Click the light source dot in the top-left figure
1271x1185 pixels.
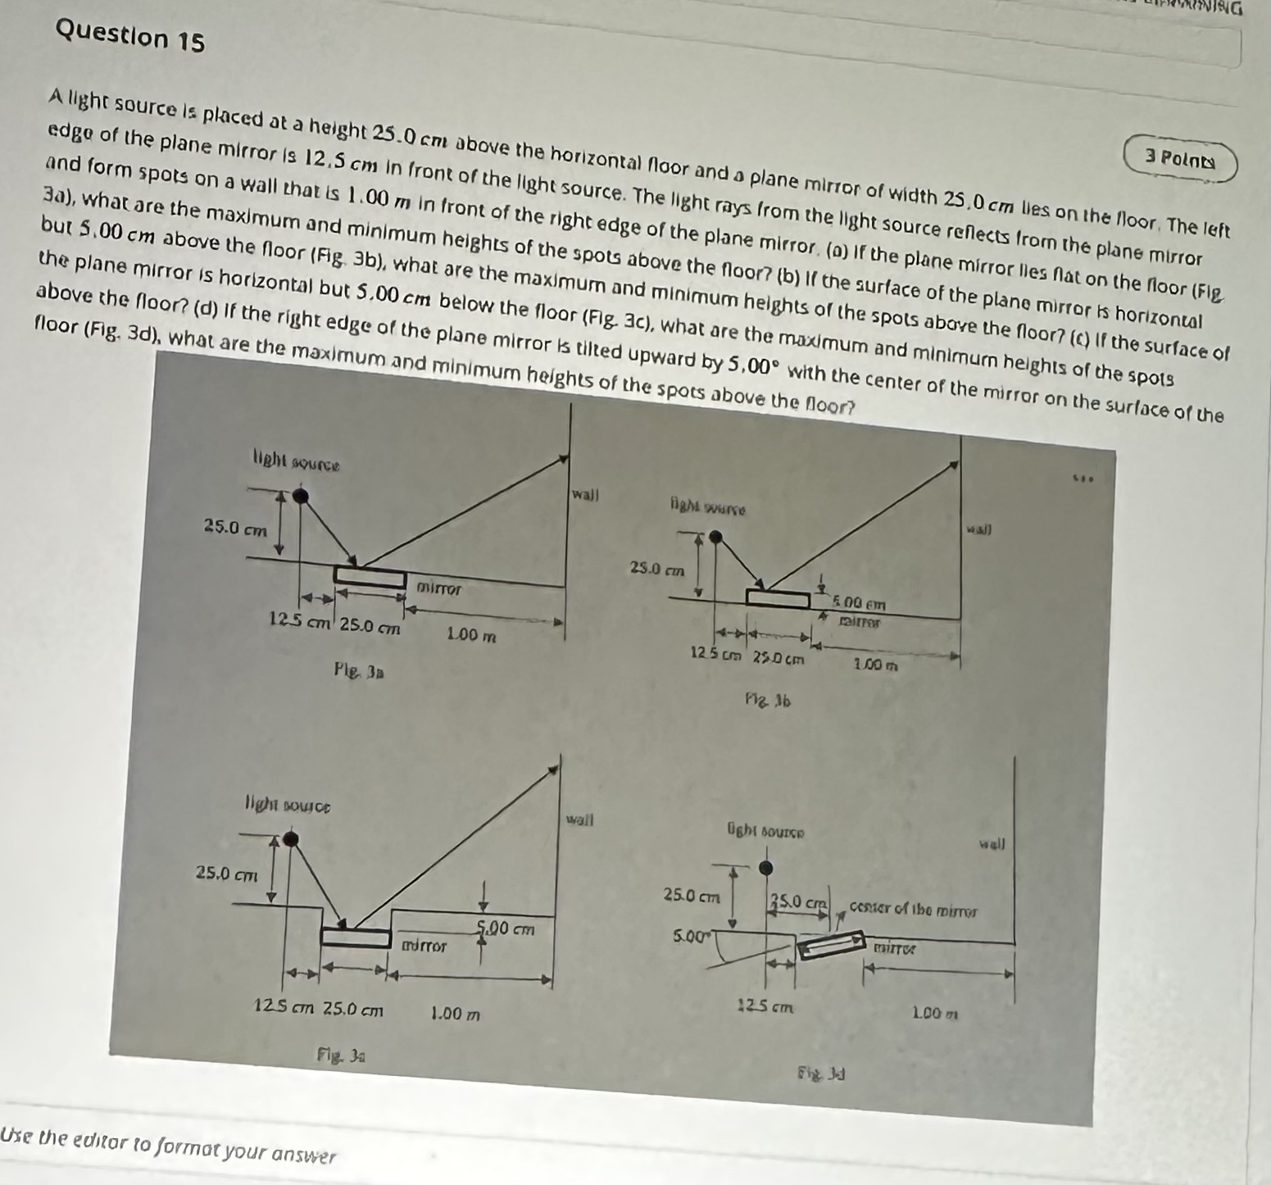point(302,495)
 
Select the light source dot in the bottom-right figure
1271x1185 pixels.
point(765,868)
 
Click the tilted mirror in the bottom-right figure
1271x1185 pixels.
point(832,944)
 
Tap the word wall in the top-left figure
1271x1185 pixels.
point(586,495)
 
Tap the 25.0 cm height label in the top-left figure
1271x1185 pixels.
point(235,529)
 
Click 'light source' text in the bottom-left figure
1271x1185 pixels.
point(288,806)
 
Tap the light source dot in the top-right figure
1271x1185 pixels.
point(716,537)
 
